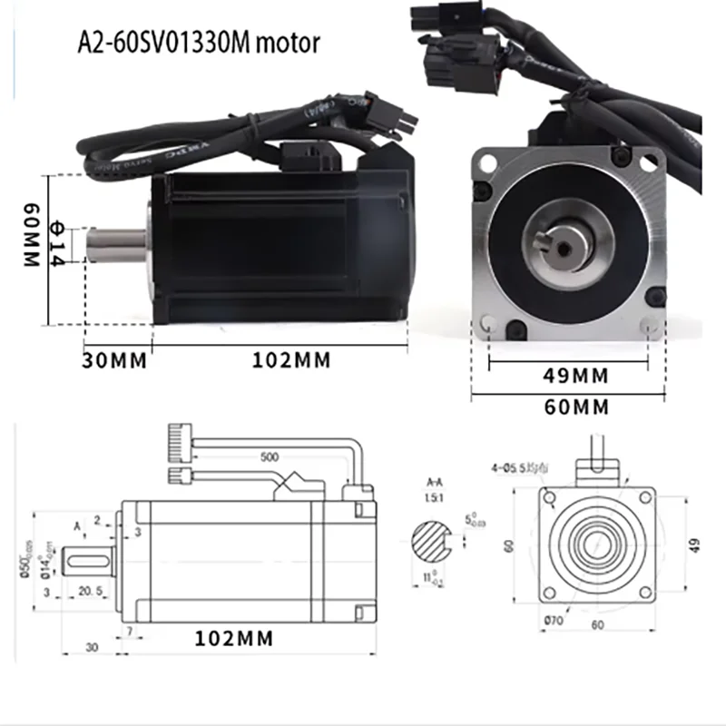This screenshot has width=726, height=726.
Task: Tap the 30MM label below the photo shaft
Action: [x=114, y=360]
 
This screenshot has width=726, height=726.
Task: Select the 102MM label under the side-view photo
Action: [x=292, y=360]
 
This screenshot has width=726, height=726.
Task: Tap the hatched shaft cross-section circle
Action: [x=434, y=543]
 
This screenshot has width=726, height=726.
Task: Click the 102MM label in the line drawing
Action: [x=234, y=638]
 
